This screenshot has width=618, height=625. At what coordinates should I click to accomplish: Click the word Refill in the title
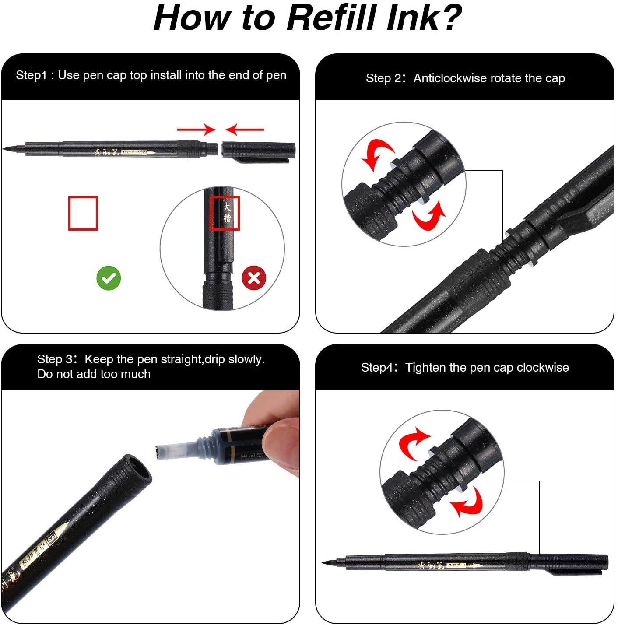(332, 18)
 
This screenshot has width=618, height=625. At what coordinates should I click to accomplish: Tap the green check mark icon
(109, 278)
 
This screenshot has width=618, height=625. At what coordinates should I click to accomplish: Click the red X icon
(254, 277)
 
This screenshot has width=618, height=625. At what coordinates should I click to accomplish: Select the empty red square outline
(83, 213)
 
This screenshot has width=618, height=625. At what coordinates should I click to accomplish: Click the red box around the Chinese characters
(225, 213)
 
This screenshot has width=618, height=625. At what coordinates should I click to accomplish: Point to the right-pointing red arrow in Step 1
(197, 130)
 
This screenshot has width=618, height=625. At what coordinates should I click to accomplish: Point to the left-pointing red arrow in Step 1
(244, 130)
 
